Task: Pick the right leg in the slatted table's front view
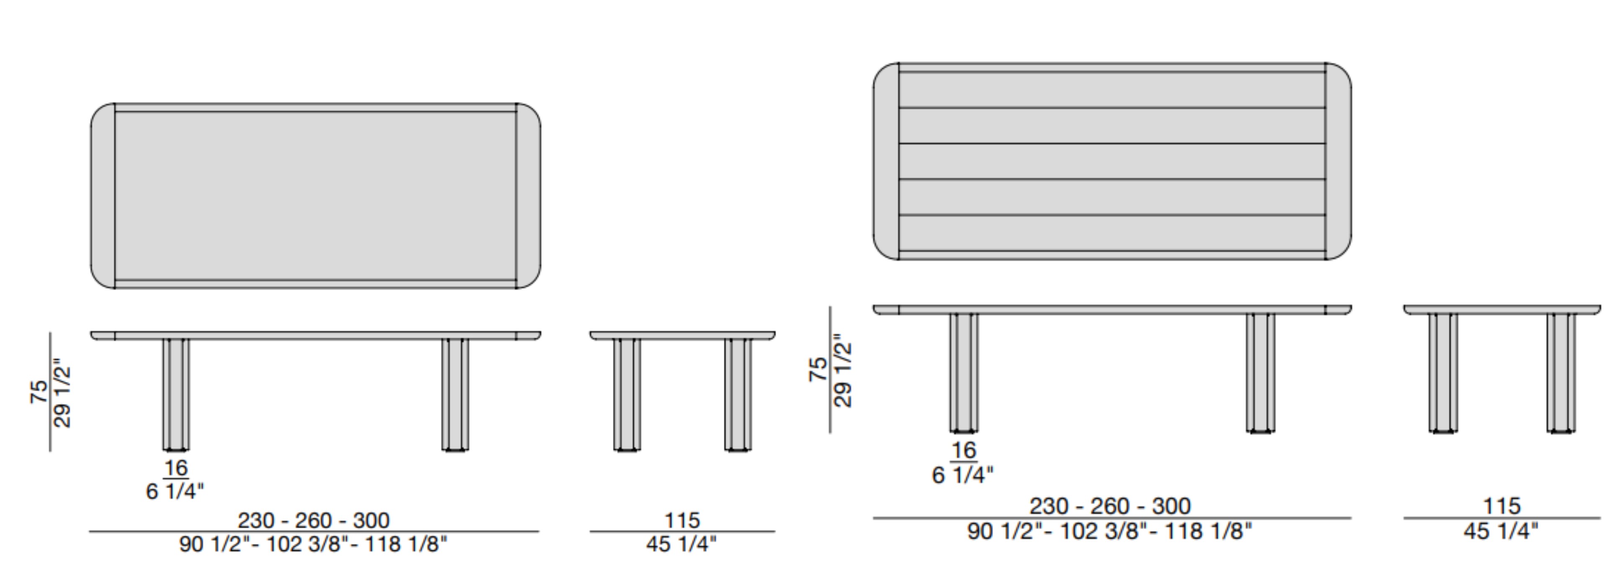point(1260,373)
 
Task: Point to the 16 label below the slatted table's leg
point(964,450)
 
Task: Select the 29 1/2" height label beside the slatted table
point(842,374)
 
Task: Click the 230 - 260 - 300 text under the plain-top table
point(314,520)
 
